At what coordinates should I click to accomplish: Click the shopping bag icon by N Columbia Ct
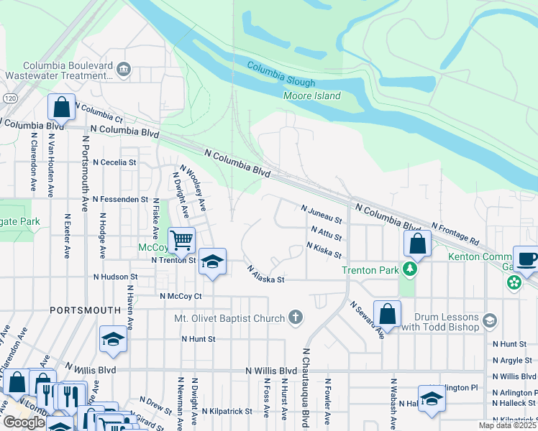click(62, 107)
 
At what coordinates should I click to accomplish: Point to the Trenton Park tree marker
click(410, 269)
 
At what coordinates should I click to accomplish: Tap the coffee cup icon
click(525, 259)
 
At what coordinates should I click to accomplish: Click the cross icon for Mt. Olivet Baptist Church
click(295, 317)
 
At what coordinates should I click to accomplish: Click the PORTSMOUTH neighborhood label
click(85, 310)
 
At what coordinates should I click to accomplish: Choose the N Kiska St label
click(323, 249)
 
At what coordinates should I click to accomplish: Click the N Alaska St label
click(266, 274)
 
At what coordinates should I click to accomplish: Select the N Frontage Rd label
click(455, 232)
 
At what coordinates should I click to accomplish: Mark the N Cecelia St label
click(114, 162)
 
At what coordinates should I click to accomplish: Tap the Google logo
click(24, 422)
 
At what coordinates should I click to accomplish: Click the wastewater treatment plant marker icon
click(124, 69)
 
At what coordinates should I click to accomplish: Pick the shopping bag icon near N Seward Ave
click(387, 314)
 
